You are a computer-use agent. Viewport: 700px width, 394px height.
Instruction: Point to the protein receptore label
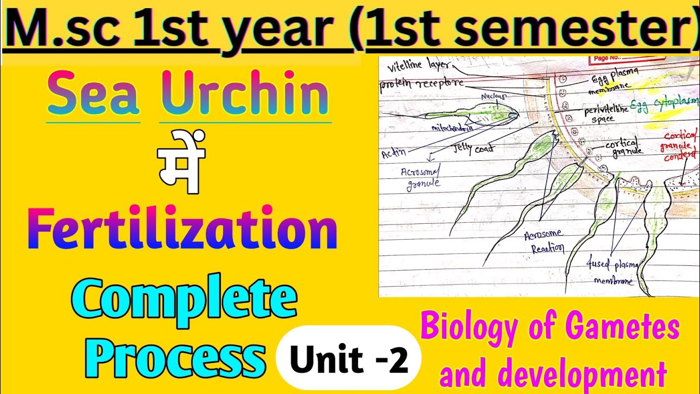pyautogui.click(x=422, y=84)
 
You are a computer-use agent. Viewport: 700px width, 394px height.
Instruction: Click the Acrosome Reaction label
pyautogui.click(x=543, y=241)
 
